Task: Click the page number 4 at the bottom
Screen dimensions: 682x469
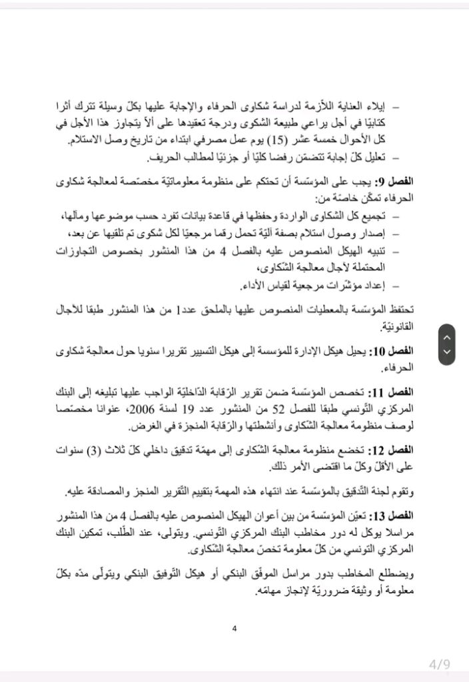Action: (x=234, y=628)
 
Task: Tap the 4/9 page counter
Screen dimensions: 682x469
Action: (x=440, y=663)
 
